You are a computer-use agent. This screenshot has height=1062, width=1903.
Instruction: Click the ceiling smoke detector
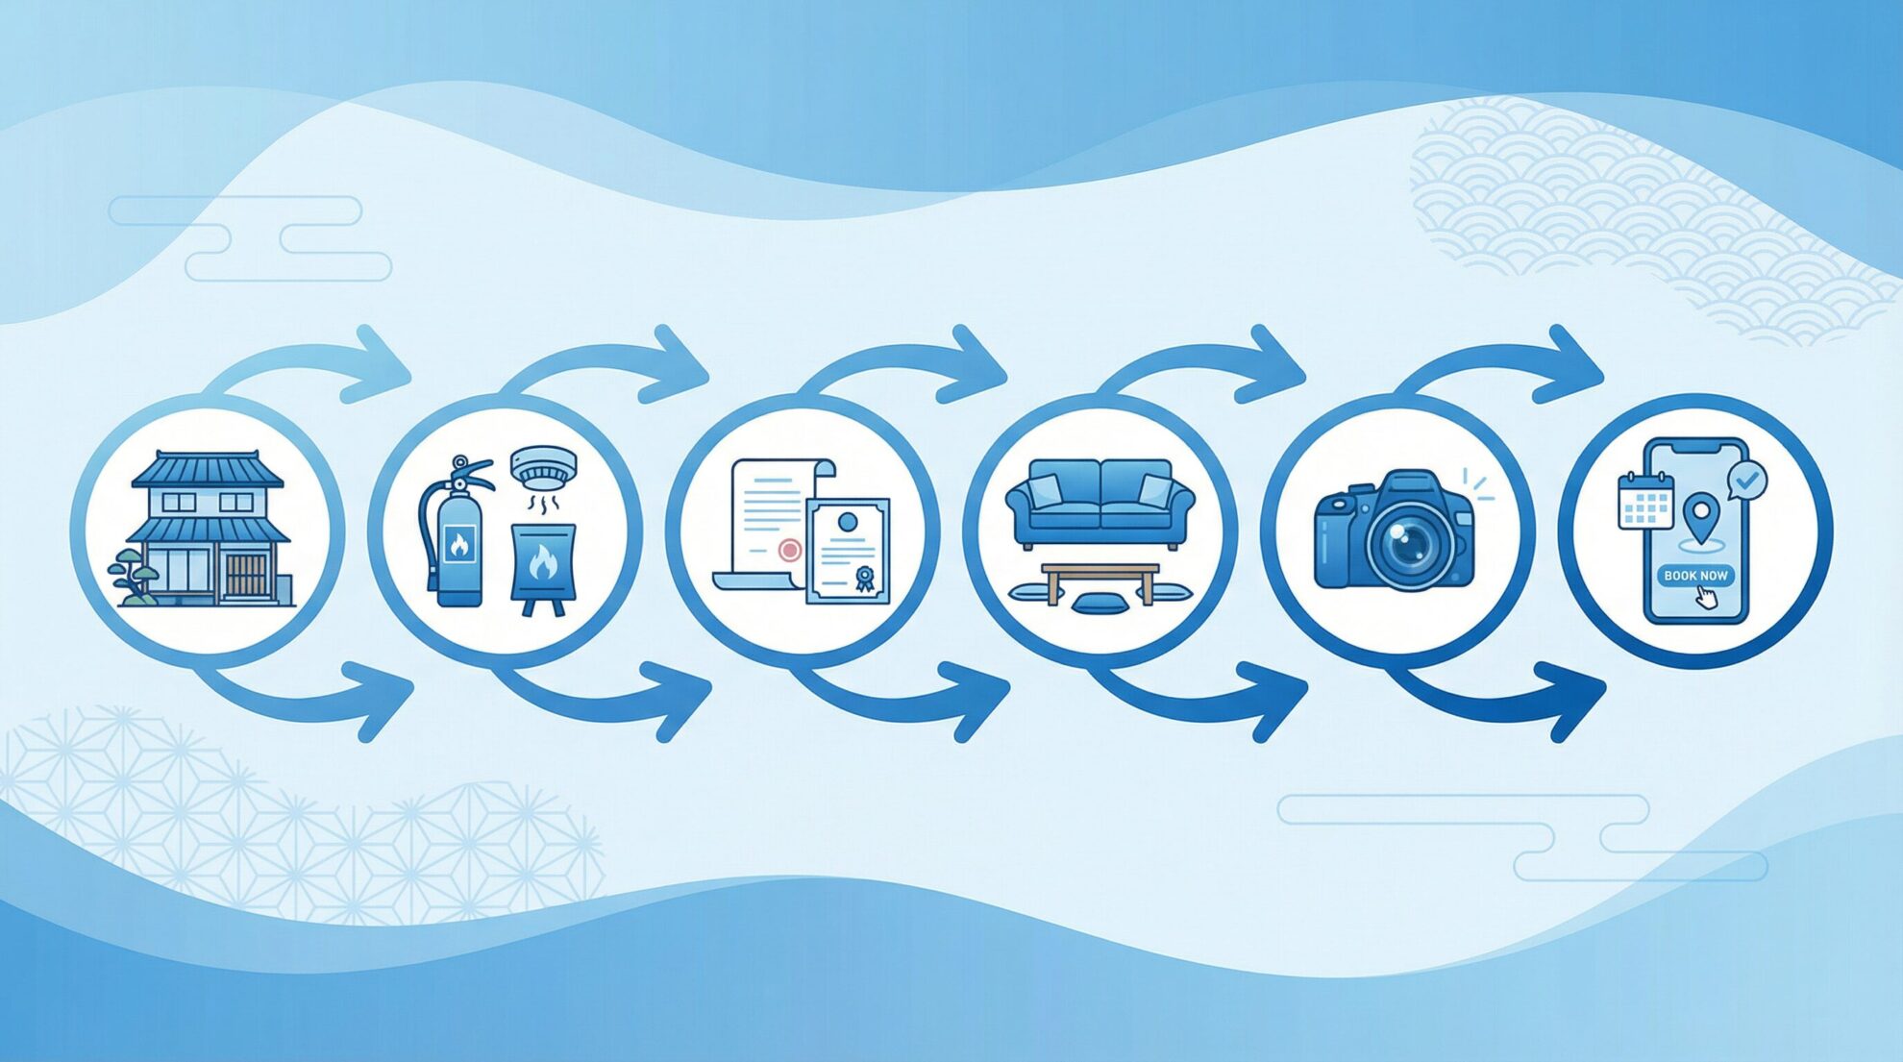543,468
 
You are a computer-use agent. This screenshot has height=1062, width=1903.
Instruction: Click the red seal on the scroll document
789,550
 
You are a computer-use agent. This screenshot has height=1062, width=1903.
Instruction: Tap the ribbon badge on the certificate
865,579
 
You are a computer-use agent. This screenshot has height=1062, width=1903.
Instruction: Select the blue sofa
1100,503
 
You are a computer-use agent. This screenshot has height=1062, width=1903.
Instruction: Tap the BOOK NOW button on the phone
1695,575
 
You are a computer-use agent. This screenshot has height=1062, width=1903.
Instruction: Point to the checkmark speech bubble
1746,480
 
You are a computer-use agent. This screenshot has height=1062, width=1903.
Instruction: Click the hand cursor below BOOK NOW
1706,597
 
